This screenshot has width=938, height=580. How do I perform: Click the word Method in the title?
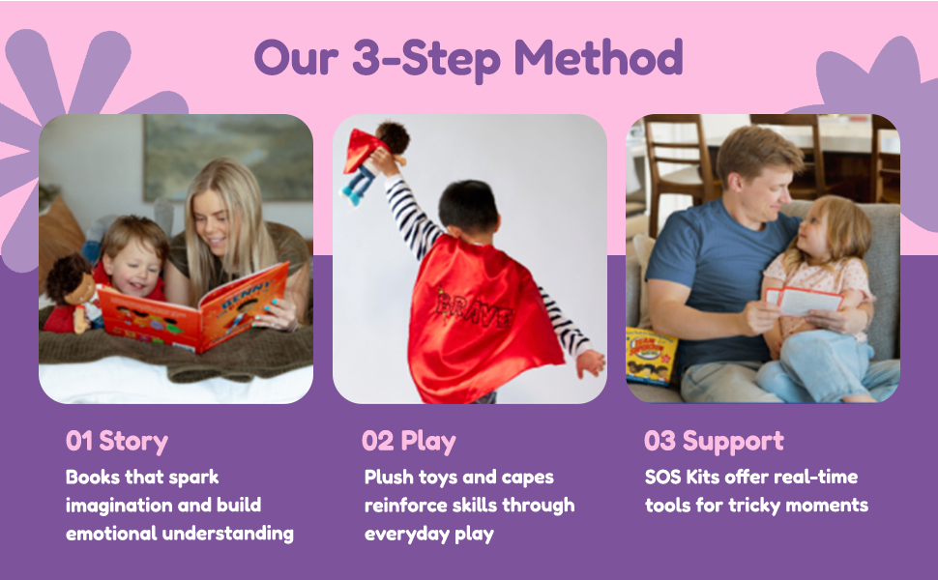[600, 58]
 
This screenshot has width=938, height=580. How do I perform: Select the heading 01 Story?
[117, 442]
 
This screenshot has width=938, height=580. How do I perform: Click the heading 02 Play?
[408, 442]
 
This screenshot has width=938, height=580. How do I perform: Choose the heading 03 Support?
[714, 442]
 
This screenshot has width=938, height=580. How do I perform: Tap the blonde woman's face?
[215, 217]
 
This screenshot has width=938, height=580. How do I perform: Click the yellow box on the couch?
[651, 356]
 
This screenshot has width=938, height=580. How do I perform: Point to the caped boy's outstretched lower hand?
[591, 362]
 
